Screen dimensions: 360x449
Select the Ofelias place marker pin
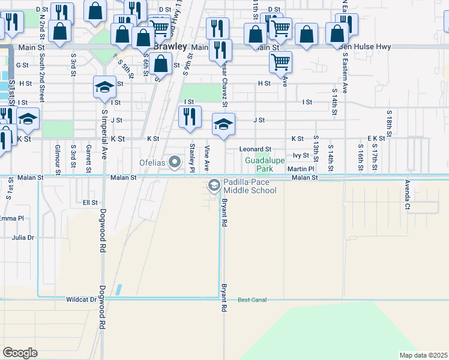point(175,162)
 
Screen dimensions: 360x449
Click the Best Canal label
point(252,299)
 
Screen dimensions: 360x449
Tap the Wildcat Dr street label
point(81,299)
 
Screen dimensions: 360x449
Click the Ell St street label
point(90,203)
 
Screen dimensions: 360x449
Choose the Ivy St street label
point(300,155)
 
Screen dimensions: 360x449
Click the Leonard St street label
point(255,149)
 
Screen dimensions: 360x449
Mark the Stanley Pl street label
point(193,155)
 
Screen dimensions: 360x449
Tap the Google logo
point(20,352)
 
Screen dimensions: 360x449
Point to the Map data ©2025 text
point(423,355)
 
